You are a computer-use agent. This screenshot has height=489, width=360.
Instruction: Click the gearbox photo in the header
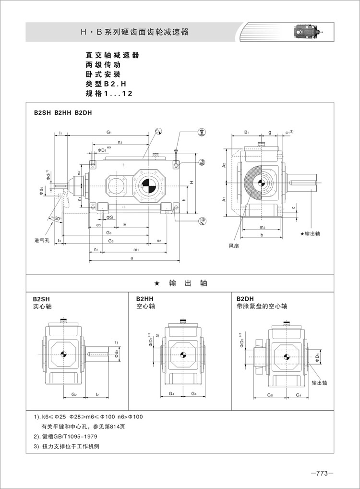(x=307, y=33)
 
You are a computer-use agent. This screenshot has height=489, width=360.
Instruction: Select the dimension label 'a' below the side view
(x=132, y=258)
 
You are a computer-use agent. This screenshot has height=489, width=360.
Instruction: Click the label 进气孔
(x=42, y=240)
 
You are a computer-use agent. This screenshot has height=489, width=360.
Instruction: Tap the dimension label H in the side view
(x=191, y=182)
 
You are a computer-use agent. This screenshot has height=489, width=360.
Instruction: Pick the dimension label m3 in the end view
(x=262, y=226)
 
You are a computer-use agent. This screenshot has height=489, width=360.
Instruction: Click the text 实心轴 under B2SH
(x=42, y=306)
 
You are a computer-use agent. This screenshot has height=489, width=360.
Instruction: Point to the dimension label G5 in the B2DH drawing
(x=270, y=395)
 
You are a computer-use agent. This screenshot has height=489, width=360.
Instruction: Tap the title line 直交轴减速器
(x=112, y=55)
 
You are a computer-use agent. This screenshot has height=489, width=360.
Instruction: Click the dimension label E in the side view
(x=124, y=224)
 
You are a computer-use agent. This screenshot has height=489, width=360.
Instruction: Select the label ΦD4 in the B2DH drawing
(x=317, y=357)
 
